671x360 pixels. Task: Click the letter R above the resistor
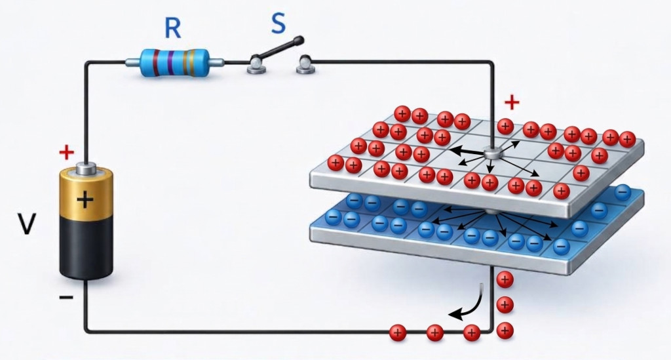pos(172,29)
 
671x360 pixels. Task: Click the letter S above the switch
pos(278,24)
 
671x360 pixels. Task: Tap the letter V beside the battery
pos(26,224)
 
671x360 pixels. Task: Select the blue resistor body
pos(175,63)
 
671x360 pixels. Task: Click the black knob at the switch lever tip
pos(299,41)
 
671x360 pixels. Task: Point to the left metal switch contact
pos(256,66)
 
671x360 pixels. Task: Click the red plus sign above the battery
pos(66,152)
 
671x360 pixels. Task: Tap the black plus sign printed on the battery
pos(86,199)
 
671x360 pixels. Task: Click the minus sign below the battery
pos(66,297)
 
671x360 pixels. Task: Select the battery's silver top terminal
pos(86,169)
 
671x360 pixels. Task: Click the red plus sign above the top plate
pos(512,102)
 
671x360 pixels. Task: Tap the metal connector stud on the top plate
pos(491,153)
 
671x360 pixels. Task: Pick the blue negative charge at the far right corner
pos(623,193)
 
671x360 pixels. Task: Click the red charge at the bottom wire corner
pos(505,330)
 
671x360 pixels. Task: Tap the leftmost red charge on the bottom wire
pos(398,332)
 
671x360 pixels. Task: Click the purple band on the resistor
pos(170,63)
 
